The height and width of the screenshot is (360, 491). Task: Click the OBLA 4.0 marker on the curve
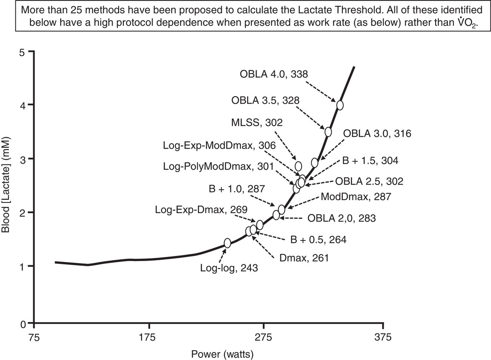tap(340, 105)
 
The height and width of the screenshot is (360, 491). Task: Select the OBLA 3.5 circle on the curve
tap(328, 132)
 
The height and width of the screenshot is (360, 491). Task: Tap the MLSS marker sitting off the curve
tap(298, 166)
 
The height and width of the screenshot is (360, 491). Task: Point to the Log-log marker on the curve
tap(227, 243)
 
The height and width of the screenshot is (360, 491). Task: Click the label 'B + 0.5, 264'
tap(318, 240)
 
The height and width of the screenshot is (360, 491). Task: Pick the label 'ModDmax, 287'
tap(355, 197)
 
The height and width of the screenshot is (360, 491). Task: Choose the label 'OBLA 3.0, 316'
tap(377, 134)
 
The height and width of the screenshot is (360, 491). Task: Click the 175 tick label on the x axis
tap(149, 337)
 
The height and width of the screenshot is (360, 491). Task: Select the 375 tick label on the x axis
tap(383, 337)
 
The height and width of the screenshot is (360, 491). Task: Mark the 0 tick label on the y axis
tap(22, 323)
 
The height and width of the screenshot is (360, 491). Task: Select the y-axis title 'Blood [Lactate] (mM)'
tap(7, 187)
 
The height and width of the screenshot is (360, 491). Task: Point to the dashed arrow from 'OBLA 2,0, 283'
tap(293, 217)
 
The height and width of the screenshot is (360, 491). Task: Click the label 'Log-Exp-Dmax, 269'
tap(202, 209)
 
